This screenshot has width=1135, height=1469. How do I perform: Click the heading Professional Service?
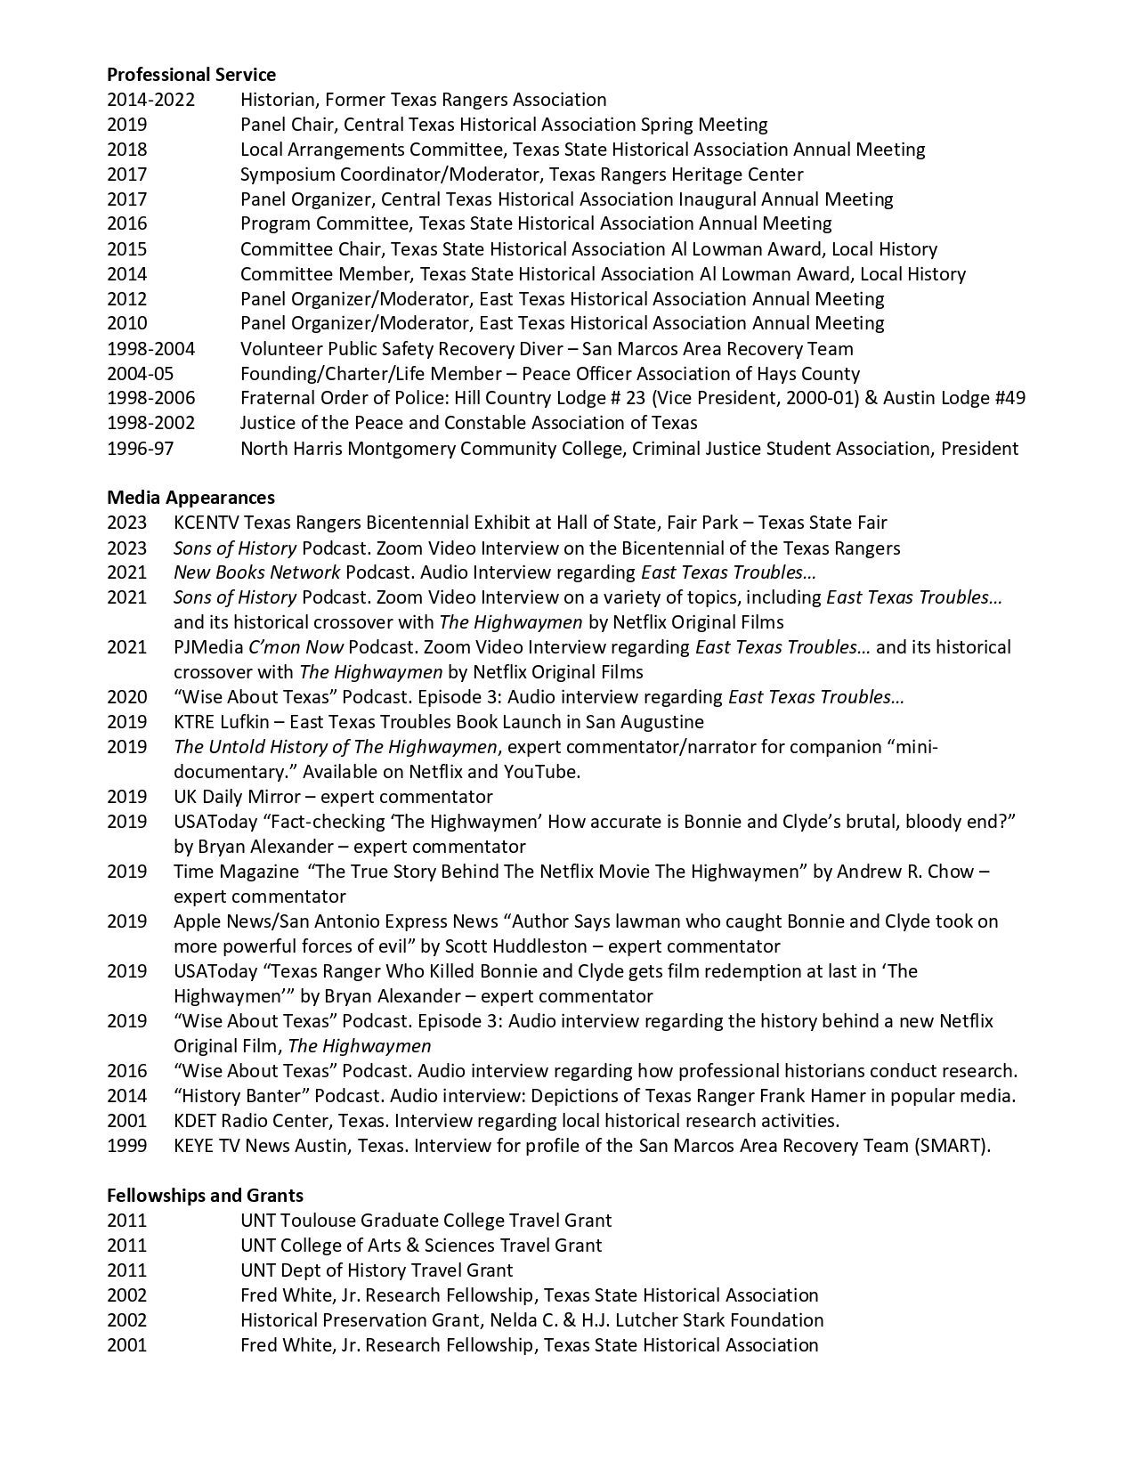(x=191, y=75)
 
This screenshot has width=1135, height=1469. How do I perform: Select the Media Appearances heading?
(x=191, y=498)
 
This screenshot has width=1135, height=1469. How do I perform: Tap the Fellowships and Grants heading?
(x=205, y=1196)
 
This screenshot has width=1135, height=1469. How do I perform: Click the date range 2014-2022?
(x=150, y=100)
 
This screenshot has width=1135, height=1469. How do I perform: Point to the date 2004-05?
(x=141, y=374)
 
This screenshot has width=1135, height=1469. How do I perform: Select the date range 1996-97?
(x=141, y=449)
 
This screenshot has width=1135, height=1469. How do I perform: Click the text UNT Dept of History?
(x=324, y=1270)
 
